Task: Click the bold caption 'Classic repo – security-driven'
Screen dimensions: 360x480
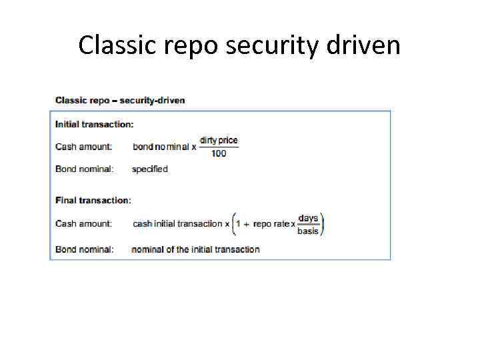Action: click(x=120, y=100)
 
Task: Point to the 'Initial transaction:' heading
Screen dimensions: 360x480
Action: click(x=94, y=124)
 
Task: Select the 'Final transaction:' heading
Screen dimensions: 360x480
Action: click(x=93, y=200)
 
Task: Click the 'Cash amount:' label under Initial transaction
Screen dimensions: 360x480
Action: click(x=83, y=147)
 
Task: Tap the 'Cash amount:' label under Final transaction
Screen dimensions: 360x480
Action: click(x=83, y=223)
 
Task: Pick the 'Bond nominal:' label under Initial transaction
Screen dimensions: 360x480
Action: click(x=84, y=169)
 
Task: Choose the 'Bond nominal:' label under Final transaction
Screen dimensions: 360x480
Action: click(x=84, y=249)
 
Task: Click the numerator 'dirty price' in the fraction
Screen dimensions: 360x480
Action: click(x=219, y=141)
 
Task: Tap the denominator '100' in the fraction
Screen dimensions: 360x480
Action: click(x=219, y=153)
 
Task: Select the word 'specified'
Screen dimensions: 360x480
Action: click(x=150, y=169)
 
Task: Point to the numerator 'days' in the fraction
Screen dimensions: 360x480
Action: click(x=308, y=218)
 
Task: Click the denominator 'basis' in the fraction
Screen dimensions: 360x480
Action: click(x=308, y=231)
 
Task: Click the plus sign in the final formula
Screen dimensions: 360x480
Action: click(x=247, y=224)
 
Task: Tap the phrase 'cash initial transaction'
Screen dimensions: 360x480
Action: click(x=177, y=224)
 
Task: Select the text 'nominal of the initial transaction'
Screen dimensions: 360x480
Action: click(x=196, y=249)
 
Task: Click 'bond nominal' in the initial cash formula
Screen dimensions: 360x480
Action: click(x=161, y=147)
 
